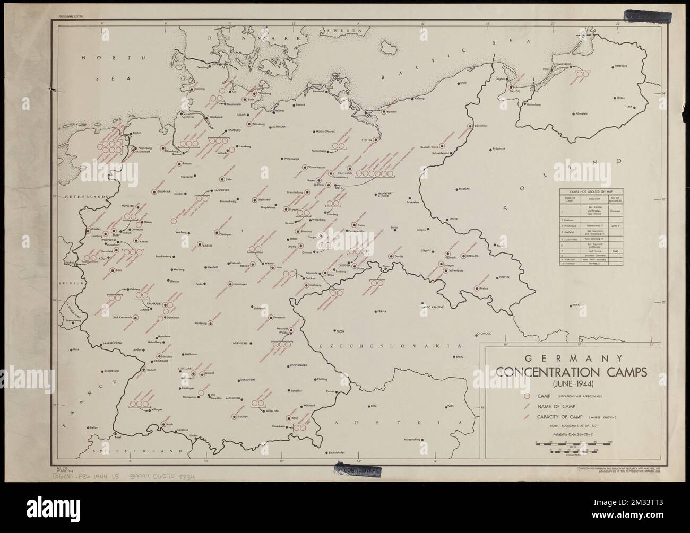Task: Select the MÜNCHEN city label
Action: coord(273,411)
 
